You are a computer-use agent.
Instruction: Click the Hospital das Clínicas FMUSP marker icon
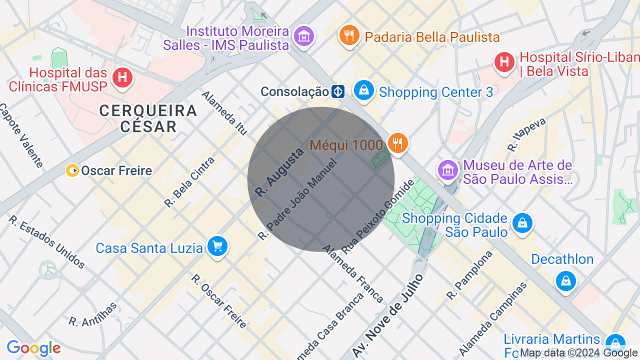(122, 78)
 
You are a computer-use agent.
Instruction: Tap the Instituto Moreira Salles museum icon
(303, 36)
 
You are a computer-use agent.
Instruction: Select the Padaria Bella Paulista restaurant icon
(349, 35)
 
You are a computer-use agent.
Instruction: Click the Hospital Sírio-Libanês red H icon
(504, 62)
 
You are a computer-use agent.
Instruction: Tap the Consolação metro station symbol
(338, 92)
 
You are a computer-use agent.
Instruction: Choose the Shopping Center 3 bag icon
(364, 90)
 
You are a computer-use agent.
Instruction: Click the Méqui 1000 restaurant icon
(397, 143)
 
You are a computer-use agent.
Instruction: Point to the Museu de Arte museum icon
(448, 170)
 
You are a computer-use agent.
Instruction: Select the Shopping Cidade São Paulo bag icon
(522, 223)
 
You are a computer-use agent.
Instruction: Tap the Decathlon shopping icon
(565, 281)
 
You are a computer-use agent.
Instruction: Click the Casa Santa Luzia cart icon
(217, 246)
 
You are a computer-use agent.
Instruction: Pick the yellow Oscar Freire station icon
(72, 171)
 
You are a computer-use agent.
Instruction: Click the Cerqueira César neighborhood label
(148, 118)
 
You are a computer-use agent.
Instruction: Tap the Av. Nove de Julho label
(387, 315)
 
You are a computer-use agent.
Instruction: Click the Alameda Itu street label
(224, 113)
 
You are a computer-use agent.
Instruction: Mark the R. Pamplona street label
(469, 275)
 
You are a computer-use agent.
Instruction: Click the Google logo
(33, 348)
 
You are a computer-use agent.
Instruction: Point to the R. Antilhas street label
(93, 314)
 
